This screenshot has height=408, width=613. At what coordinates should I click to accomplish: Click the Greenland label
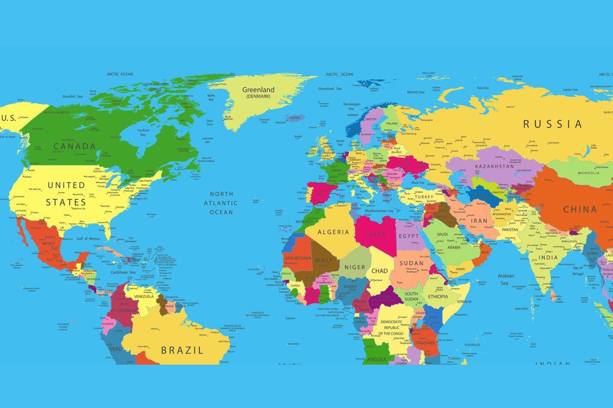click(x=258, y=90)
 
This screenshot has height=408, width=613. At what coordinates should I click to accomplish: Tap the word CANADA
click(x=75, y=146)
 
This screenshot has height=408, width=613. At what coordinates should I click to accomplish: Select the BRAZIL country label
click(x=182, y=350)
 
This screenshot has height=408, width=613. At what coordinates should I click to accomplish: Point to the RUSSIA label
click(x=552, y=124)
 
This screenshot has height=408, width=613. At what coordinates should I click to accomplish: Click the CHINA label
click(x=580, y=209)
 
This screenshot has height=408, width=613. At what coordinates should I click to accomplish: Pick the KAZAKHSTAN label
click(x=494, y=166)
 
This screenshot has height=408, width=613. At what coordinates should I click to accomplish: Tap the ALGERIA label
click(x=334, y=232)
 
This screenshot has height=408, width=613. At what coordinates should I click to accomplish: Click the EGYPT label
click(x=409, y=236)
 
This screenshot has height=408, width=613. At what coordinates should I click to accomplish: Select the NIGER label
click(x=355, y=267)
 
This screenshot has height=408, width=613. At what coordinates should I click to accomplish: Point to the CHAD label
click(x=380, y=271)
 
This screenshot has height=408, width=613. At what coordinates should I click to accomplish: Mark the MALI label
click(x=323, y=261)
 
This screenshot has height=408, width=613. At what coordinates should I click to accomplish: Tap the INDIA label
click(x=549, y=257)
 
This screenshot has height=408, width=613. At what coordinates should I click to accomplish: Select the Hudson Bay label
click(x=144, y=133)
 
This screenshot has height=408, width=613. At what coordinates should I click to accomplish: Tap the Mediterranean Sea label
click(x=378, y=211)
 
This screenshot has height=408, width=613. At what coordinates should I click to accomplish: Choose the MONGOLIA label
click(x=588, y=173)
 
